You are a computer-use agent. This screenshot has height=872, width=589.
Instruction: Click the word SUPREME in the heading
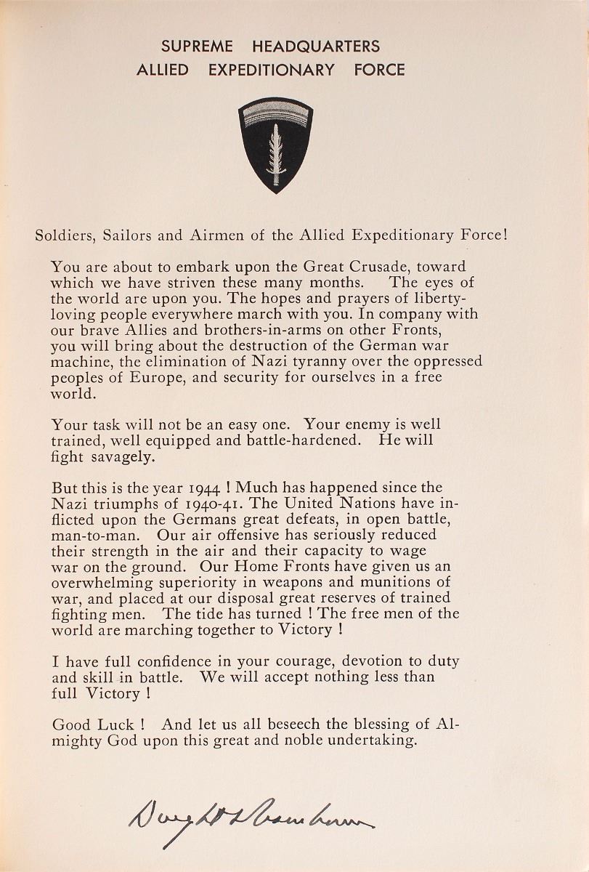[x=197, y=47]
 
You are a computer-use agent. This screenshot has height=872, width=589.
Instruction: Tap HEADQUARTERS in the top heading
[x=315, y=47]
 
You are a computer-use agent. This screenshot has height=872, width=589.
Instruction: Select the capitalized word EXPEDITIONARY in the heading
[x=271, y=70]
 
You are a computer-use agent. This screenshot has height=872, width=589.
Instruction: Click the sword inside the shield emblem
[x=275, y=153]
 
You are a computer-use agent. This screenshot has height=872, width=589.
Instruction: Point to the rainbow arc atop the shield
[x=275, y=109]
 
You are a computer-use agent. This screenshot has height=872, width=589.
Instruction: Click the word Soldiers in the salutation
[x=63, y=235]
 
